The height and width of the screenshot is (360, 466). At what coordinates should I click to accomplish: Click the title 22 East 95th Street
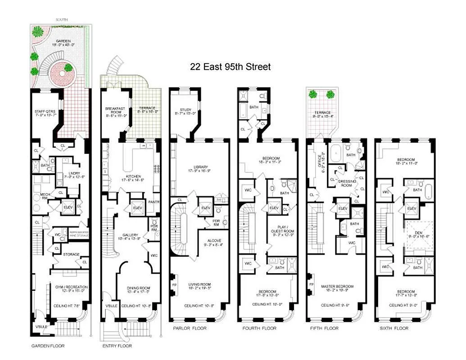pyautogui.click(x=230, y=67)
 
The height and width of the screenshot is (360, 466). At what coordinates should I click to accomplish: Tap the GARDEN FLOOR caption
pyautogui.click(x=48, y=346)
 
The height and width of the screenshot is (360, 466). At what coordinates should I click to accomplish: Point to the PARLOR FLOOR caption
pyautogui.click(x=190, y=328)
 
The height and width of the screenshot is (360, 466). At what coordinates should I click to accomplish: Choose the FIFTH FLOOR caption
pyautogui.click(x=325, y=328)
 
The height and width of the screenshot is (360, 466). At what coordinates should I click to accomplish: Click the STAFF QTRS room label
pyautogui.click(x=45, y=112)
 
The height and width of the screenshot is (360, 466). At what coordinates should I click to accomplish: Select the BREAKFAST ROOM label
pyautogui.click(x=114, y=111)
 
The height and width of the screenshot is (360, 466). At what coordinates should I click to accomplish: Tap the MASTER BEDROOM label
pyautogui.click(x=337, y=286)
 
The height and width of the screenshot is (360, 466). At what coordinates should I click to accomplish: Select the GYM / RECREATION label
pyautogui.click(x=70, y=287)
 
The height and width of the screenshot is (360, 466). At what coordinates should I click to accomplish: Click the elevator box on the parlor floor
pyautogui.click(x=206, y=207)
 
